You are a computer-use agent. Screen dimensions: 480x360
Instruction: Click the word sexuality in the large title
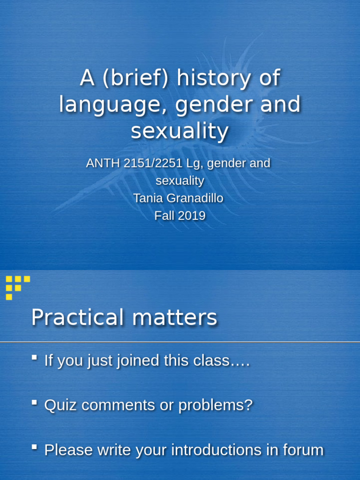[x=180, y=131]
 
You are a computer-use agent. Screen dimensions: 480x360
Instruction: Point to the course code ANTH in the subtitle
[x=102, y=164]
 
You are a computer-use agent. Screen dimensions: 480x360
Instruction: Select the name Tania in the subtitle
[x=149, y=198]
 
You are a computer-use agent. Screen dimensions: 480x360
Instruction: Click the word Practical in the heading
[x=75, y=318]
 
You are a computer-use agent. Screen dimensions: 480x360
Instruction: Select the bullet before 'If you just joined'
[x=34, y=357]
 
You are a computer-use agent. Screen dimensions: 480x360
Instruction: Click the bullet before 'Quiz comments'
[x=34, y=402]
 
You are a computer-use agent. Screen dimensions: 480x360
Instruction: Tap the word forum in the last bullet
[x=303, y=450]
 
